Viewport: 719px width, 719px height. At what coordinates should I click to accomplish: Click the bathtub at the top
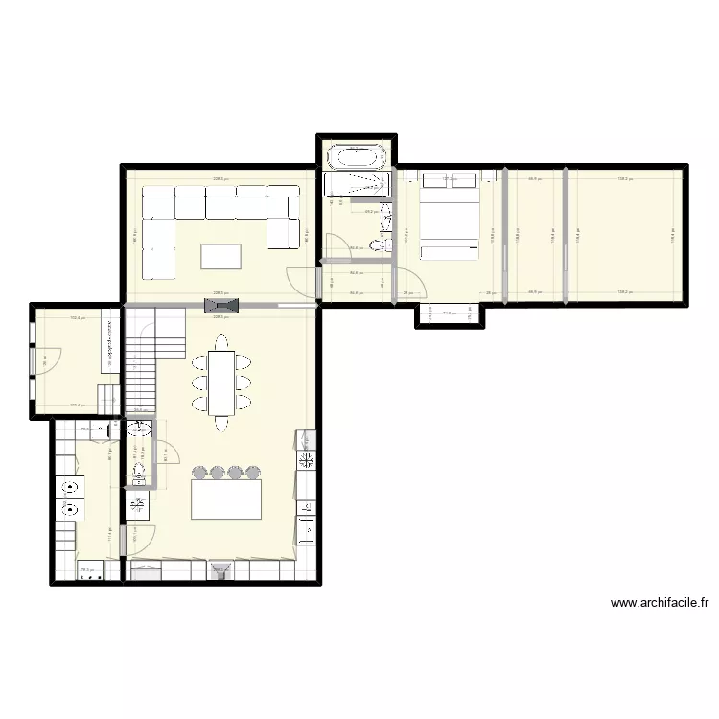click(358, 156)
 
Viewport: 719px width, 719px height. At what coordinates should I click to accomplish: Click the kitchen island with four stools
click(226, 499)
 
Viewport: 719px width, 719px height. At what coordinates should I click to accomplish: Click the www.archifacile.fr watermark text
click(661, 603)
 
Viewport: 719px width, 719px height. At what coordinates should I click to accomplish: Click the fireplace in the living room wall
click(213, 305)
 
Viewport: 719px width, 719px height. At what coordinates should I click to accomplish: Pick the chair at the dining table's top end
click(221, 341)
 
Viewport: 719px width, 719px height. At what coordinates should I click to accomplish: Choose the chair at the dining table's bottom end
click(221, 424)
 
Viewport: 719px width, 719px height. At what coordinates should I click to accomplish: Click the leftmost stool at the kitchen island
click(200, 473)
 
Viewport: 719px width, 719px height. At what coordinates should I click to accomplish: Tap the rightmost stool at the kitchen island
click(253, 473)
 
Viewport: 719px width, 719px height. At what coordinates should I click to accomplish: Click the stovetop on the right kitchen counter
click(308, 461)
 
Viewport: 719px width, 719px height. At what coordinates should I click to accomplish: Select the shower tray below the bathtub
click(358, 183)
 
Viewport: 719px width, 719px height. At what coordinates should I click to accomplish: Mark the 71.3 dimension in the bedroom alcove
click(449, 313)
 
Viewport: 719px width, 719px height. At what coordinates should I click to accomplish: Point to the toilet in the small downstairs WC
click(140, 471)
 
